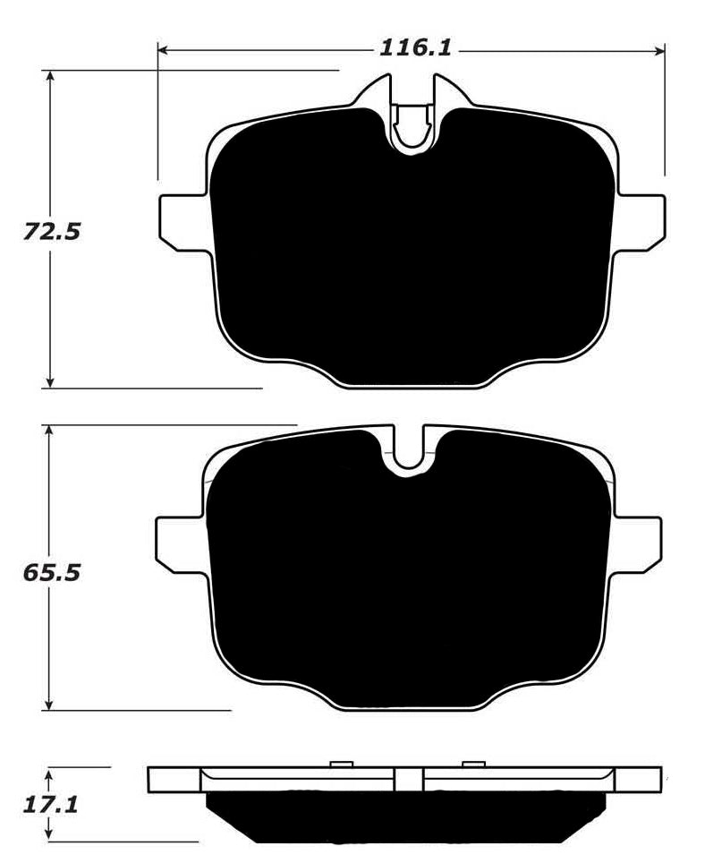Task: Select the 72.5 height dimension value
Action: tap(51, 232)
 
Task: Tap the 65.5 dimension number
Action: tap(51, 572)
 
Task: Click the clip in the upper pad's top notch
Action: tap(412, 123)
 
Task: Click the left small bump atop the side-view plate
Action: tap(342, 764)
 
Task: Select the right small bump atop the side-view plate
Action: tap(473, 764)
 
